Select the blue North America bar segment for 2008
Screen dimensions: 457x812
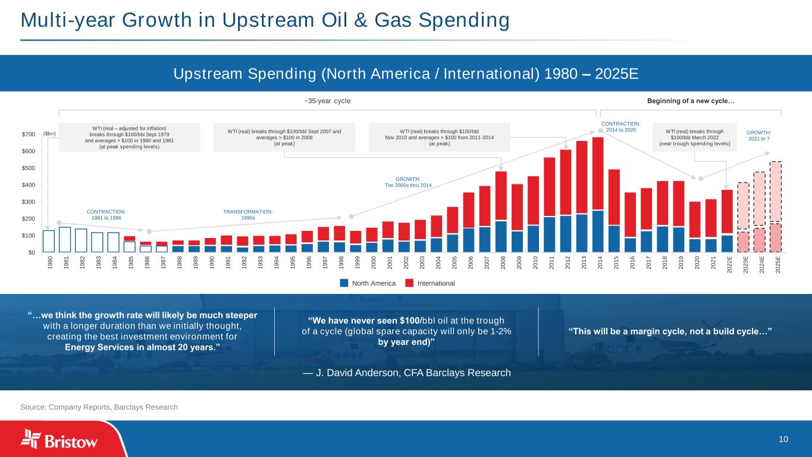tap(501, 236)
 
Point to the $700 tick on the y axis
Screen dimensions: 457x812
tap(27, 134)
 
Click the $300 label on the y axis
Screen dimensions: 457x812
tap(27, 202)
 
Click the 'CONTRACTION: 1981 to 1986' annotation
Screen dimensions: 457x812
tap(106, 214)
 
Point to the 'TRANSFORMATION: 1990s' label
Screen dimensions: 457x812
tap(247, 214)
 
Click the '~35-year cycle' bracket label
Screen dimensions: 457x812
tap(327, 101)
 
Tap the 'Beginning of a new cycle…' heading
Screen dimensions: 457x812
tap(691, 101)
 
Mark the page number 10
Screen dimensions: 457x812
tap(783, 439)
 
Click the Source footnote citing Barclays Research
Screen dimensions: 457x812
tap(99, 407)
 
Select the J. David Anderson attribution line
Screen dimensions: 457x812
tap(406, 373)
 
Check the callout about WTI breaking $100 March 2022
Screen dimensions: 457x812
tap(695, 137)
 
